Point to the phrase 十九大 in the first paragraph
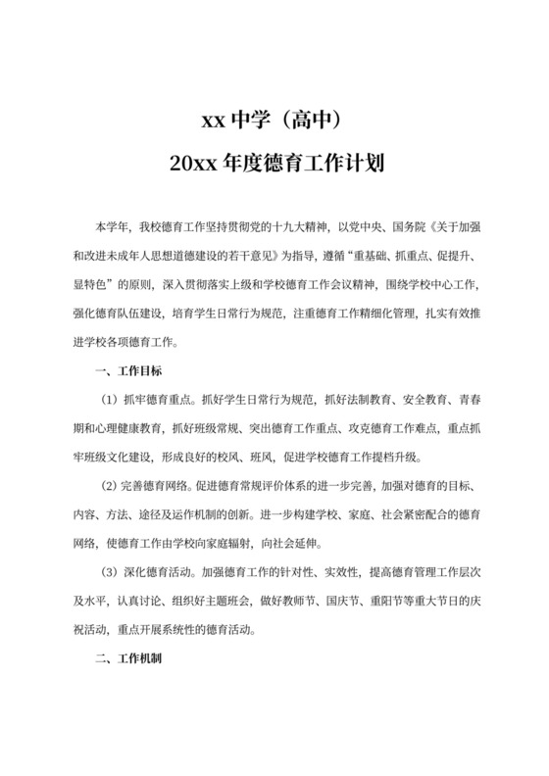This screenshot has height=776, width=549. [297, 227]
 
